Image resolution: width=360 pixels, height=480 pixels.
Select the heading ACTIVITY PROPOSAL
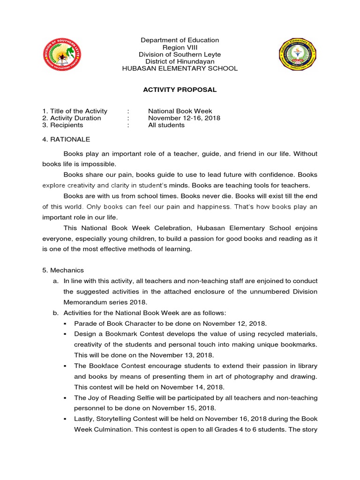tap(180, 90)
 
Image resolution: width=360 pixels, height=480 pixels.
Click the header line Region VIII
tap(180, 47)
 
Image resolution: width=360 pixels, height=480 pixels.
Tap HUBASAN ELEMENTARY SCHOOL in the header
tap(180, 68)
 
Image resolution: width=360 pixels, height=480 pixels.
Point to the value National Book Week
tap(180, 111)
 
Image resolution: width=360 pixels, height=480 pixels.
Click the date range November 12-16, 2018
tap(184, 118)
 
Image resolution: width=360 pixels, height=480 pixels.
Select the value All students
tap(166, 125)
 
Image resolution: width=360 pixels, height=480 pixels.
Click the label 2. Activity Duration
tap(71, 118)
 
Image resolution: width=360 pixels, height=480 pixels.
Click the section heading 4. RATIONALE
tap(66, 139)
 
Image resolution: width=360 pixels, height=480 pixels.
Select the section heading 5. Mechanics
tap(63, 270)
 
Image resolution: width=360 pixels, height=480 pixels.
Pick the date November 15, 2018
tap(183, 408)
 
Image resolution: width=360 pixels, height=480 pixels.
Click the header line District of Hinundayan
tap(180, 61)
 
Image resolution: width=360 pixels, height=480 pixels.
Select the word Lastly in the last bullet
tap(84, 419)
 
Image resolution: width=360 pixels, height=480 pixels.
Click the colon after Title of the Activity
tap(128, 111)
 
